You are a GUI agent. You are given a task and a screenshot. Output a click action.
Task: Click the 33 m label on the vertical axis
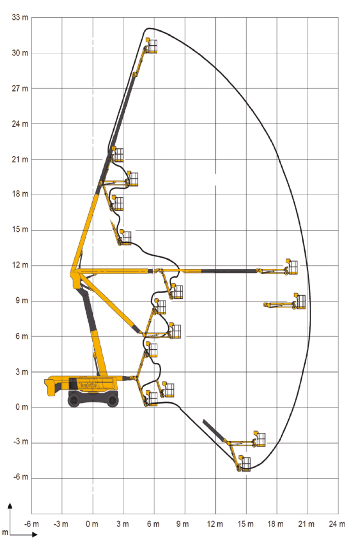point(20,18)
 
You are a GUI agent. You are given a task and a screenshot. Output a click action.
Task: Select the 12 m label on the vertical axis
point(20,265)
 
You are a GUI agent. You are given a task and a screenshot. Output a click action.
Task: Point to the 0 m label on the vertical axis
point(22,407)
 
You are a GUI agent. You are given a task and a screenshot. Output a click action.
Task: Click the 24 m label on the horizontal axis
point(337,524)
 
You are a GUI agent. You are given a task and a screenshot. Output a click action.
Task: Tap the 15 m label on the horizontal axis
point(245,524)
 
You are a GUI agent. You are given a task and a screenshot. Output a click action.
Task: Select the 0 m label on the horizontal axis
point(92,524)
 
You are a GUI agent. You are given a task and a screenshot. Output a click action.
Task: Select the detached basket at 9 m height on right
point(300,302)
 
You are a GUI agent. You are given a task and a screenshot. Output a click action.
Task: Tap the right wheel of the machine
point(112,399)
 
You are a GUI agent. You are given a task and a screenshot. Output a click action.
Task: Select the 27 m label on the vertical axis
point(20,88)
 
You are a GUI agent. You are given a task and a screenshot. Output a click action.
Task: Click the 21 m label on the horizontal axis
point(306,524)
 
